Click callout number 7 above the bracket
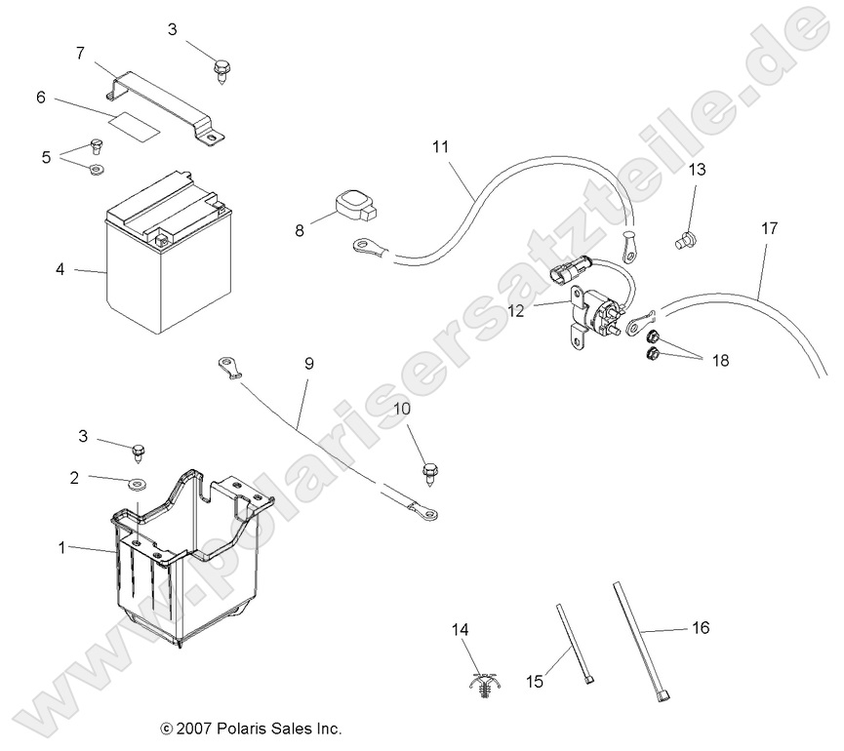point(80,53)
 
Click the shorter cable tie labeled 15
point(574,644)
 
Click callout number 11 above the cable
point(440,147)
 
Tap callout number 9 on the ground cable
point(309,364)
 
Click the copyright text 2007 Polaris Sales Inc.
point(251,729)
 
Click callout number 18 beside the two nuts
point(720,360)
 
